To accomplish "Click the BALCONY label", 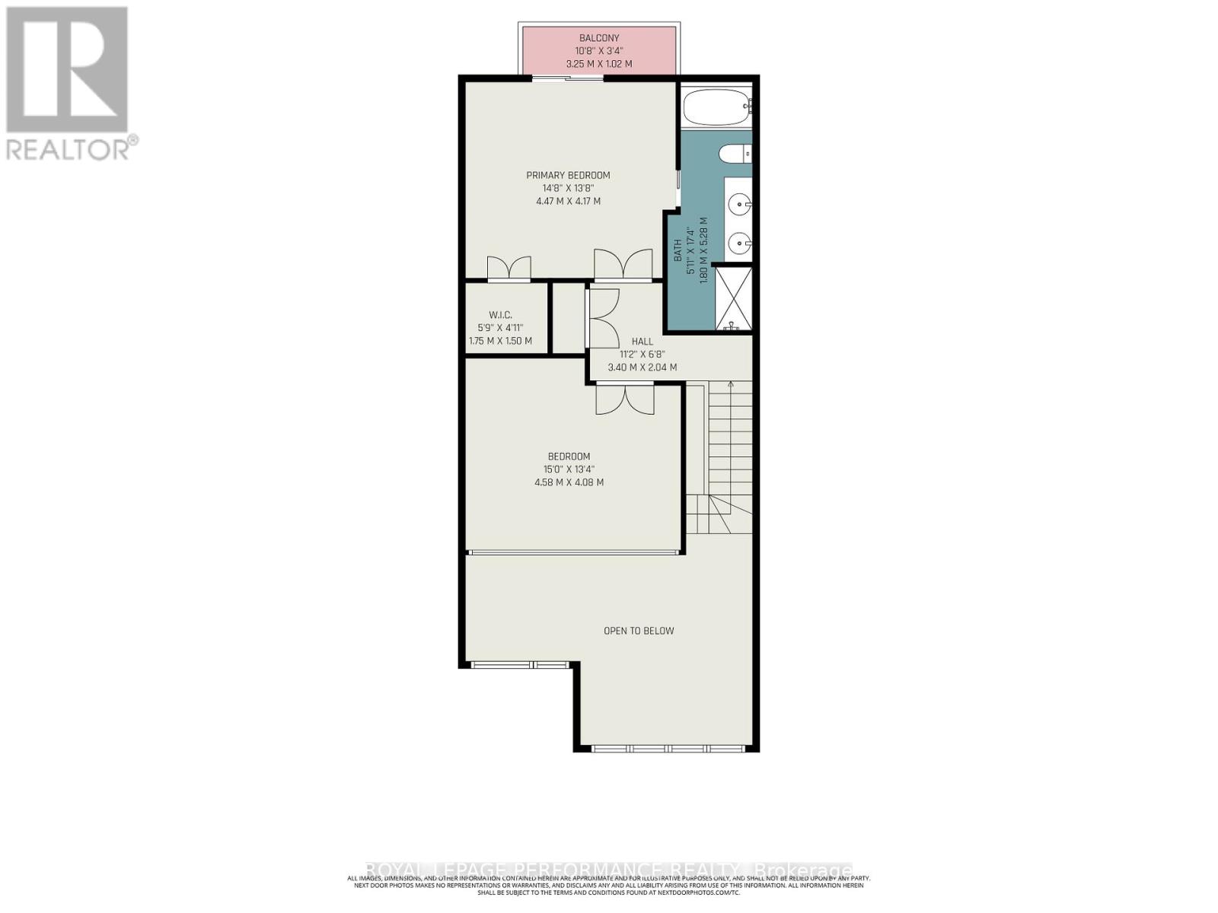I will [x=599, y=37].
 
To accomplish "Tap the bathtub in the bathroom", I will [x=716, y=106].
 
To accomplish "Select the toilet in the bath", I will [x=735, y=153].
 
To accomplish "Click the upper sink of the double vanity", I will [x=738, y=203].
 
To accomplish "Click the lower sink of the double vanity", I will [x=738, y=243].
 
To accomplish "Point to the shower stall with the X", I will [x=734, y=298].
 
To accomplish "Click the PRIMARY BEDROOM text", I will [x=568, y=175].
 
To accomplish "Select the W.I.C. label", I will [x=500, y=314].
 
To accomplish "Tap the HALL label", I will [x=642, y=342].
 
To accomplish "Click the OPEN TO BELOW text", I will [x=639, y=630].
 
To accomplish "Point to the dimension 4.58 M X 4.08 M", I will [x=569, y=482].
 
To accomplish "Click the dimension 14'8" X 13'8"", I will [x=568, y=188].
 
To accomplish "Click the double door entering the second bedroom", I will [x=624, y=399].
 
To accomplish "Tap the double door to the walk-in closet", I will [x=509, y=268].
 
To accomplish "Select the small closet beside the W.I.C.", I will [x=567, y=318].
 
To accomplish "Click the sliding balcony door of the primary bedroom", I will [x=567, y=78].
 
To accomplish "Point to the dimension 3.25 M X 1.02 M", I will [x=599, y=64].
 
